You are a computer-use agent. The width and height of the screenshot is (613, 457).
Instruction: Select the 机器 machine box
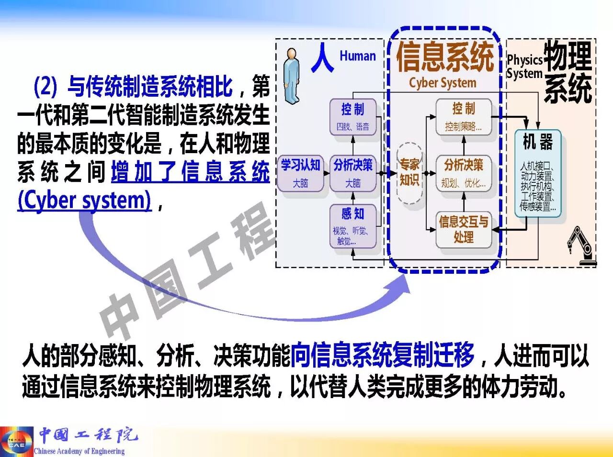click(x=537, y=173)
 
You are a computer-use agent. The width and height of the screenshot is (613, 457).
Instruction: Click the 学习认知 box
click(x=300, y=173)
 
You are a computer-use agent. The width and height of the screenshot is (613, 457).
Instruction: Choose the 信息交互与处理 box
click(x=463, y=229)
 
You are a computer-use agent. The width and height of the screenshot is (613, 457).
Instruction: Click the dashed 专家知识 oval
click(x=409, y=173)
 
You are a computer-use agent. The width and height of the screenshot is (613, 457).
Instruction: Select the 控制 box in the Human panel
click(x=352, y=116)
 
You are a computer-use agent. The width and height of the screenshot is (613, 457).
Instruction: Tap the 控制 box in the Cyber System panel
click(x=463, y=116)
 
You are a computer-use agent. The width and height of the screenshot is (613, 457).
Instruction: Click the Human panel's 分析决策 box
click(x=353, y=173)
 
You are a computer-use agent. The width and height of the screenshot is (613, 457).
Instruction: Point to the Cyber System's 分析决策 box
click(x=463, y=173)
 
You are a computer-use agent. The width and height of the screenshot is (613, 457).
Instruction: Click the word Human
click(x=357, y=56)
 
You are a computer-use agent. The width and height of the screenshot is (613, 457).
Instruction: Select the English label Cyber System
click(x=443, y=83)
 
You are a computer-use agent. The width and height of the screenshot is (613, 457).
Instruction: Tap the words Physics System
click(x=524, y=67)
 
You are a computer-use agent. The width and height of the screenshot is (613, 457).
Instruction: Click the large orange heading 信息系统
click(x=444, y=56)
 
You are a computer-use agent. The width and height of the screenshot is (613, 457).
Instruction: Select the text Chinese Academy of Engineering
click(x=79, y=451)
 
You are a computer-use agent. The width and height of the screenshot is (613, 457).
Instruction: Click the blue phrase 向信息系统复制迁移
click(x=382, y=355)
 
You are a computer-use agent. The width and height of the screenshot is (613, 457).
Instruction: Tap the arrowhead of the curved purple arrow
click(x=400, y=285)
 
